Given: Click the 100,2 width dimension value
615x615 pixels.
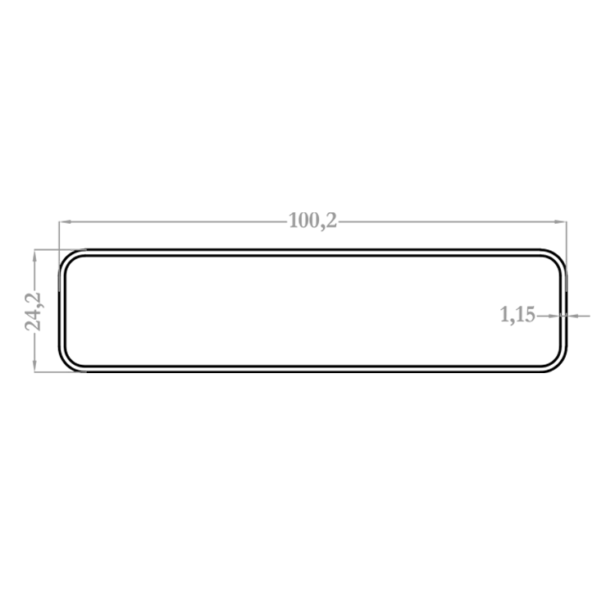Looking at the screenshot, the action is (x=312, y=221).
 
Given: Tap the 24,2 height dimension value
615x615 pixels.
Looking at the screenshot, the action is (x=34, y=312).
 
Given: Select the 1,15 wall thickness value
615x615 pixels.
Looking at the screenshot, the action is (x=517, y=315).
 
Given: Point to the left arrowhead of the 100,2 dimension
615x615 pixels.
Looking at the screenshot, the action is (x=65, y=222).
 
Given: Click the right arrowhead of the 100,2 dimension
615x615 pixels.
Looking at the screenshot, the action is (x=561, y=222).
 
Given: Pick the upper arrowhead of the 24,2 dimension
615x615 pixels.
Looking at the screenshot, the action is (x=34, y=255).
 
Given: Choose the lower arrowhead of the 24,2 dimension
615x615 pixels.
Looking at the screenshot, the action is (x=34, y=366).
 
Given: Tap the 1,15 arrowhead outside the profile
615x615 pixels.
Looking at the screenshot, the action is (x=572, y=316).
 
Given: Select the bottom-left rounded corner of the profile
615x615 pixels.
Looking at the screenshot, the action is (x=66, y=364).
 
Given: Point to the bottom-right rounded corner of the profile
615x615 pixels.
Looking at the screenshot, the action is (x=559, y=364).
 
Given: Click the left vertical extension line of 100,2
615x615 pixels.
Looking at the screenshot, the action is (x=59, y=256).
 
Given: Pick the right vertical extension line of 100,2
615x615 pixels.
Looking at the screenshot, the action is (x=567, y=256).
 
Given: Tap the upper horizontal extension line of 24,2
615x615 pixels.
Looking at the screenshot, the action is (x=60, y=249).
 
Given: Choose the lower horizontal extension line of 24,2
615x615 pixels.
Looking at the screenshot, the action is (x=60, y=371).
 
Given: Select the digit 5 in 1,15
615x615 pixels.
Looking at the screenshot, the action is (x=530, y=315).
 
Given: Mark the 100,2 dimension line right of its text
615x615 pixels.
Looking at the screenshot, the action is (x=452, y=222).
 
